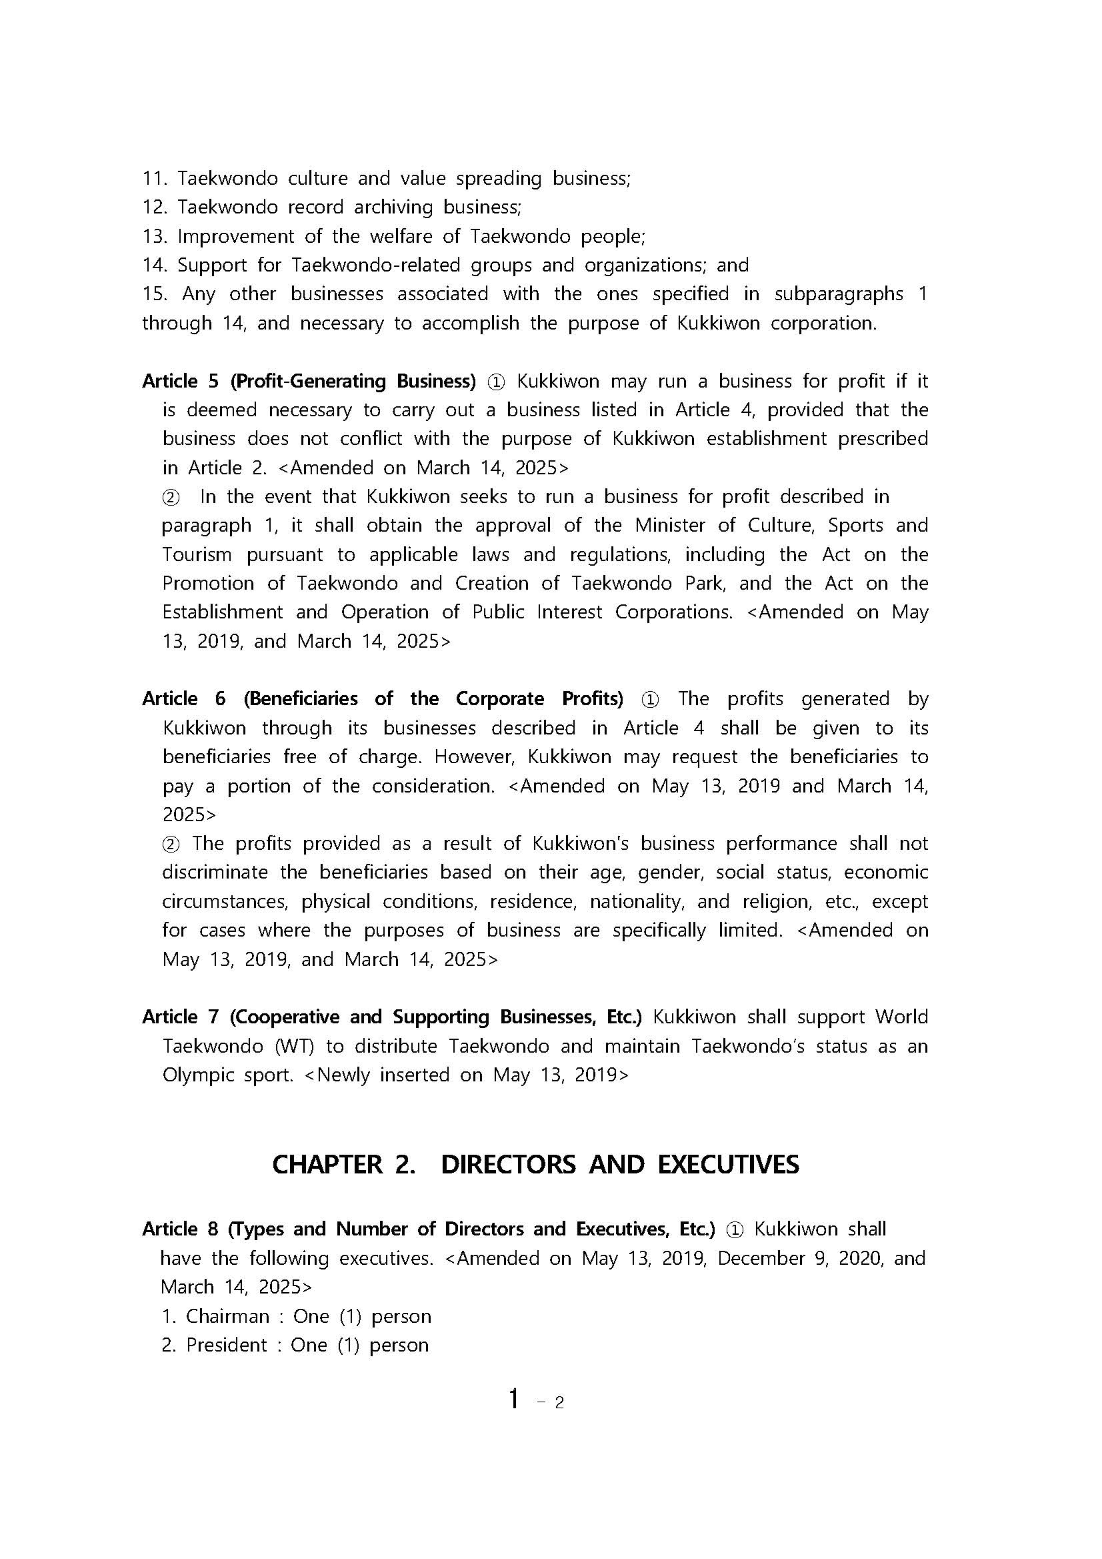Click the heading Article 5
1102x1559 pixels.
[181, 382]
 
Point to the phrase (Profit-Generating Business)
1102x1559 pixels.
[353, 382]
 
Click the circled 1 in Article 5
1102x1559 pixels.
[496, 382]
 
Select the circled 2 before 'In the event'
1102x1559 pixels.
[171, 498]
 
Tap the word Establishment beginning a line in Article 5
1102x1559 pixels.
[223, 612]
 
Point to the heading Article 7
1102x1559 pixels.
[181, 1017]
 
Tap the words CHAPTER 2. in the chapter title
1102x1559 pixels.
[343, 1165]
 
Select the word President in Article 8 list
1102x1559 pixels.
[227, 1345]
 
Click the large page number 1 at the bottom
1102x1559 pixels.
[515, 1398]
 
